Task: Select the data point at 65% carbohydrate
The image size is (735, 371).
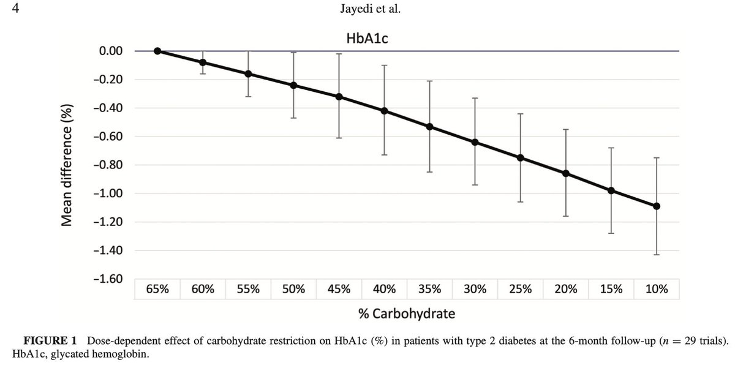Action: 157,51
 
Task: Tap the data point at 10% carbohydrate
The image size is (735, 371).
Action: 657,206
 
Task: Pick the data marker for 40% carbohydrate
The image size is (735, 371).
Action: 385,111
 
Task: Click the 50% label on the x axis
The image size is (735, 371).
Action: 293,289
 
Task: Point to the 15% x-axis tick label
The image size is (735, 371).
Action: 611,289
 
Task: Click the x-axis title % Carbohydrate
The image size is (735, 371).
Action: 407,314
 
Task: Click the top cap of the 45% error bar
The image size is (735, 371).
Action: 339,54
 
